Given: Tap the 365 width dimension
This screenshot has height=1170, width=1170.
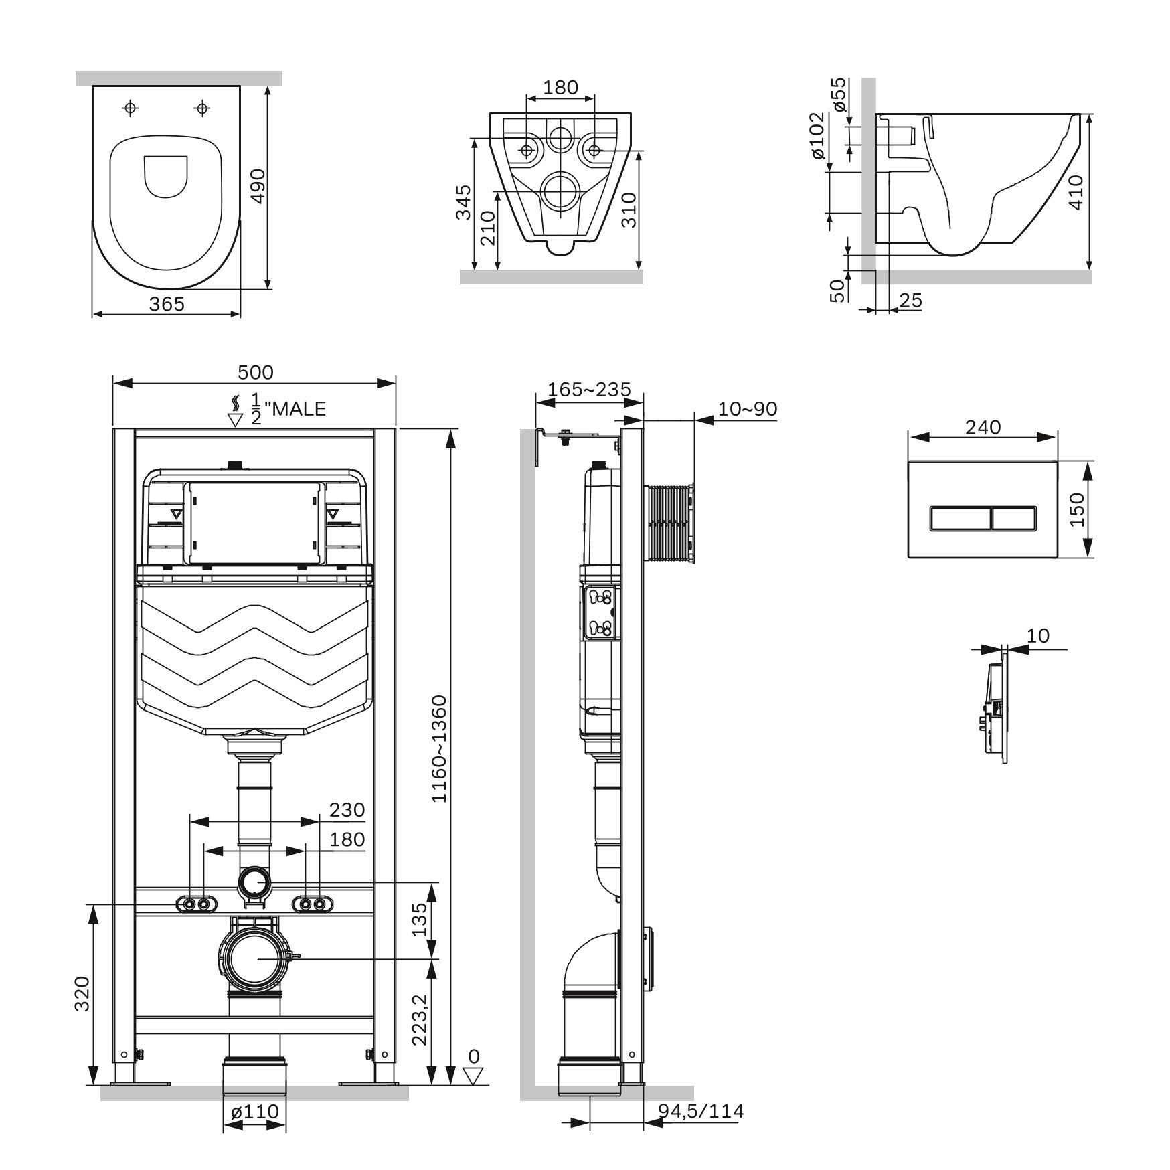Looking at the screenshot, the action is (x=166, y=303).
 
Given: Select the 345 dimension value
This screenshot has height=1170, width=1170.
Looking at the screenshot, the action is (x=463, y=202).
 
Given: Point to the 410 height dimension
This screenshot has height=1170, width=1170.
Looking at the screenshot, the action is (x=1076, y=192).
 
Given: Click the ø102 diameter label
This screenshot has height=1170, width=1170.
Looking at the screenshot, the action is (x=817, y=135).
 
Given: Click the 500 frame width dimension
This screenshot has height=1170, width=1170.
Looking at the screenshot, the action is (x=255, y=371).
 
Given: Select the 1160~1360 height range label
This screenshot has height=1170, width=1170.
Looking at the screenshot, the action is (x=439, y=749).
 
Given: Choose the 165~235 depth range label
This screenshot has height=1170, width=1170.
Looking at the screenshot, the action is (x=589, y=389).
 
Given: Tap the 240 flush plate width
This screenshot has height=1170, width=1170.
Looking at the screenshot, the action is (x=983, y=426).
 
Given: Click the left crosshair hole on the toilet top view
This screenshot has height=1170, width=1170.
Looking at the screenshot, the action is (x=131, y=108).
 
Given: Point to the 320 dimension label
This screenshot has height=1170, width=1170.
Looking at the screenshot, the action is (x=82, y=995).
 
